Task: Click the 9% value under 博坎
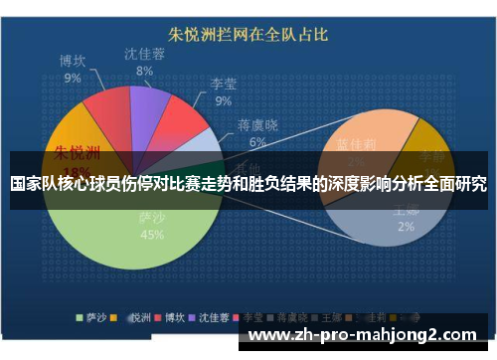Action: (73, 78)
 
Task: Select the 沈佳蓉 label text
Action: (144, 53)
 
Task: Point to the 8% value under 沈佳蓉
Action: (144, 71)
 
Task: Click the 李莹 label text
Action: (223, 84)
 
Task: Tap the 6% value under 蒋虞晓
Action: (257, 142)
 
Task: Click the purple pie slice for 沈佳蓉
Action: (149, 108)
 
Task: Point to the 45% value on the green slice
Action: (152, 236)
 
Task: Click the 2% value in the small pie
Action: (406, 226)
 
